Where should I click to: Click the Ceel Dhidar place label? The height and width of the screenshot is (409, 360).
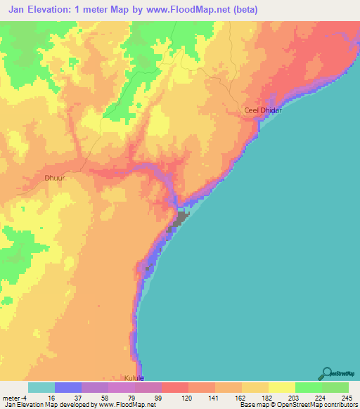point(262,111)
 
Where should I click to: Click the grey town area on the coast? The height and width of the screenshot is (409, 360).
point(179,222)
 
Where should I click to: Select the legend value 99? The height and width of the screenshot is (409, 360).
point(161,397)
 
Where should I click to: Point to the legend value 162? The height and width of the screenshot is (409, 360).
point(242,397)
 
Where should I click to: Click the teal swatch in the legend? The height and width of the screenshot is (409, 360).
point(41,387)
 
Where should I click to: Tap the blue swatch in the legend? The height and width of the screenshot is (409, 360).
point(68,387)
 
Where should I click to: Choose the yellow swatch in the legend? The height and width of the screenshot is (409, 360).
point(281,387)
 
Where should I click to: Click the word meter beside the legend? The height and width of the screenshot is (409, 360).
point(12,397)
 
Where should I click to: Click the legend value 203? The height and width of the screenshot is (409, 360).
point(295,397)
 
